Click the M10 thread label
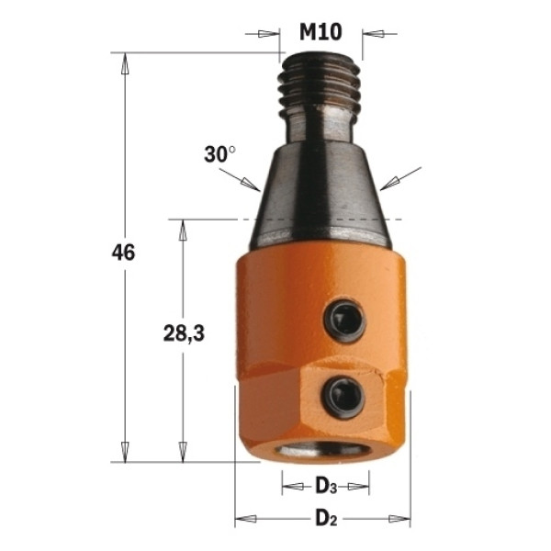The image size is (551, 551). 320,32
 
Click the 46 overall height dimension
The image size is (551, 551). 123,253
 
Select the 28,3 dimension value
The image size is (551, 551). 184,333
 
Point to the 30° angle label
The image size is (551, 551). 220,154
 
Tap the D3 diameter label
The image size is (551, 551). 326,487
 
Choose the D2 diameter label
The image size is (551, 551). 326,518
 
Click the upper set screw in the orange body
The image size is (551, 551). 344,320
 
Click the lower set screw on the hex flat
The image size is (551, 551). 343,398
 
